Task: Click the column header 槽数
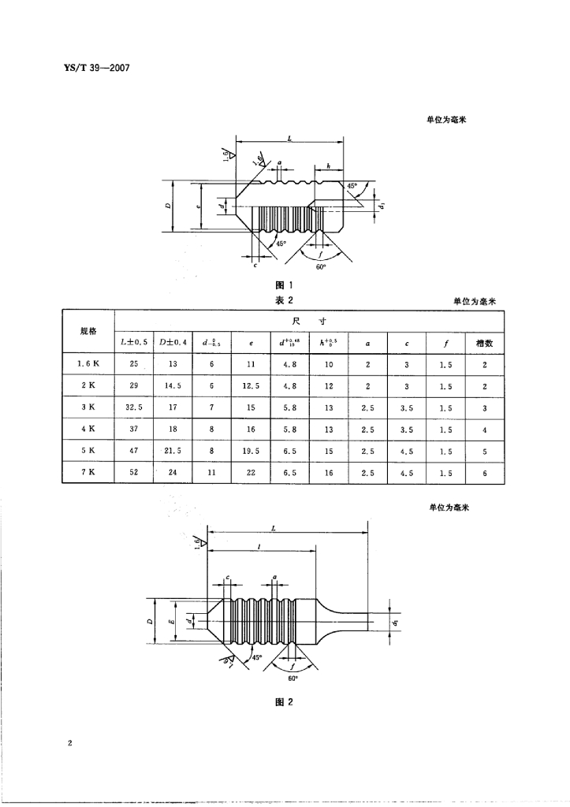[485, 343]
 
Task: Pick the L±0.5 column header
[134, 343]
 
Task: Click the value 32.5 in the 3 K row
[134, 408]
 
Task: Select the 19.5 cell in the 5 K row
[251, 451]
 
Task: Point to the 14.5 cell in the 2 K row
[173, 386]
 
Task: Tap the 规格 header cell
[88, 331]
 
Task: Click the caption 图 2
[284, 703]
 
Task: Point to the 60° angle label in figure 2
[292, 678]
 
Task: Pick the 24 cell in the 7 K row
[173, 473]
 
